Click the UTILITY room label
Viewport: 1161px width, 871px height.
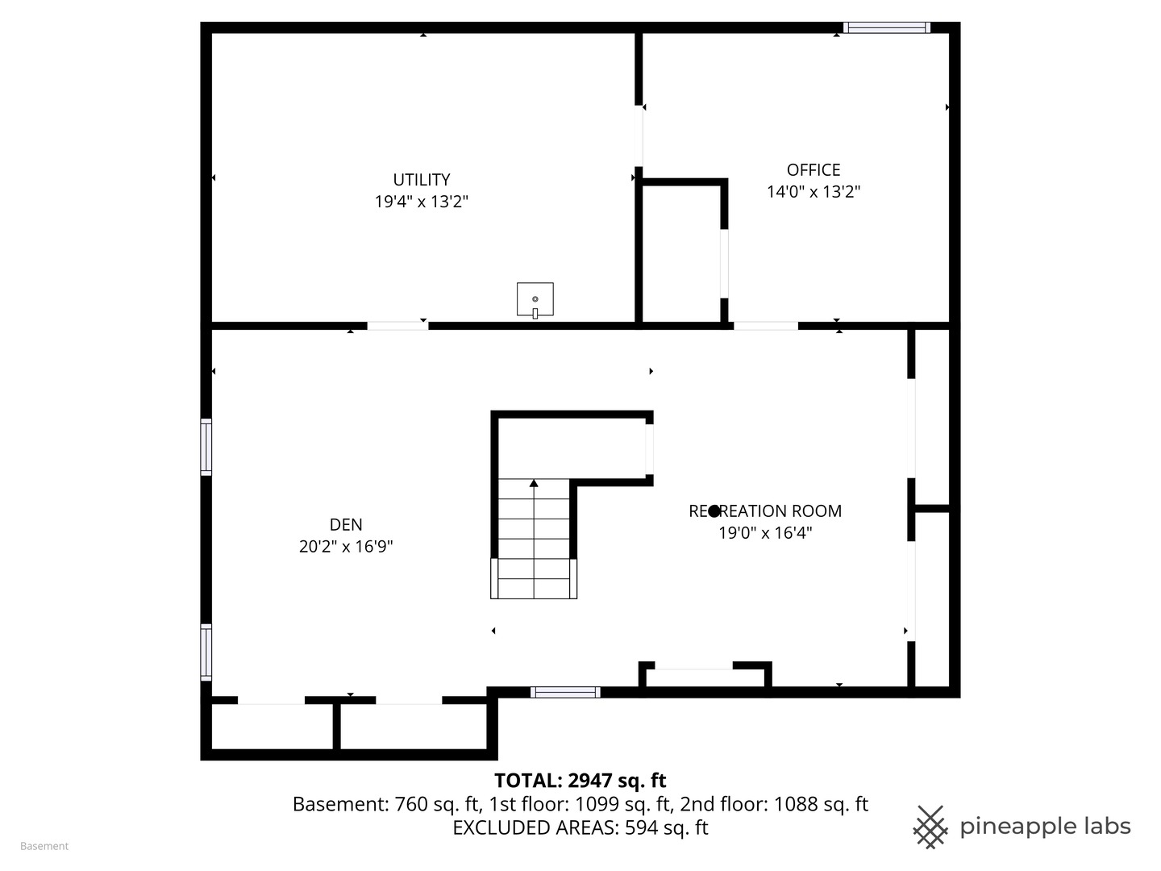point(421,180)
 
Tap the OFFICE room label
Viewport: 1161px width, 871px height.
point(813,169)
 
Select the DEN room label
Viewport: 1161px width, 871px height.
point(346,524)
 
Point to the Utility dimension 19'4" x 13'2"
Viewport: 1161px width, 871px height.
point(421,202)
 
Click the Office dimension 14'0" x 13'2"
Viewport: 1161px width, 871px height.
point(813,191)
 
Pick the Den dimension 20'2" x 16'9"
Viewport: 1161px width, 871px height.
point(346,546)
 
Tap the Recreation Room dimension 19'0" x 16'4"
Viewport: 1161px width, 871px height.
point(765,532)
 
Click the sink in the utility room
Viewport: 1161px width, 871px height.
point(535,300)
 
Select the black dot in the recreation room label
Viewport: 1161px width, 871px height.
point(714,511)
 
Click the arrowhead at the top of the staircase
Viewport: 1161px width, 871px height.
point(534,483)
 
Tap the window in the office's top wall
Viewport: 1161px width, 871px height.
point(887,27)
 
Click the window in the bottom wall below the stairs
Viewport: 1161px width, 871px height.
point(565,692)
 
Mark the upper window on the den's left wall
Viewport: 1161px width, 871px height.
point(206,447)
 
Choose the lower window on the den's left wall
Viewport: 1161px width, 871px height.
point(206,652)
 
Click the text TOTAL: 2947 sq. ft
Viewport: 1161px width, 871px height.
point(580,781)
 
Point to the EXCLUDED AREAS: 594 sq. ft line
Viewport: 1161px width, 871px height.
point(580,827)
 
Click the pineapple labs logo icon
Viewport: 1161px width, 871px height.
point(930,827)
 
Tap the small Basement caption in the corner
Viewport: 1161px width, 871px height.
point(44,846)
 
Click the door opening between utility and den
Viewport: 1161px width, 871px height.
point(397,326)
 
